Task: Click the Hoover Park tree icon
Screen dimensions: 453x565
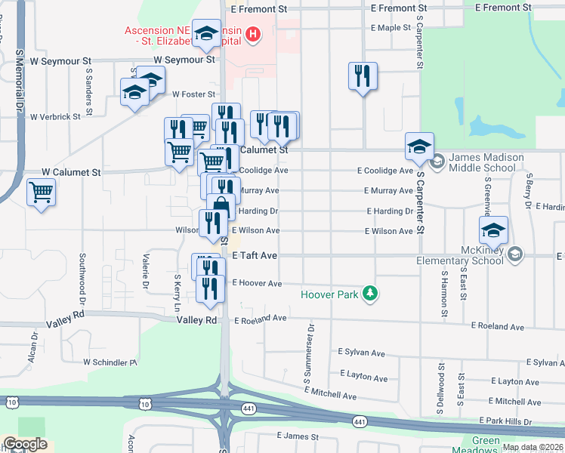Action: click(x=369, y=293)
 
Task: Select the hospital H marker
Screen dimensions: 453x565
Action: click(x=253, y=34)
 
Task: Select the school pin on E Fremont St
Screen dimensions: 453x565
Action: click(x=206, y=32)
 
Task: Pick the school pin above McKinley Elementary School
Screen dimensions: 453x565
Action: click(x=492, y=230)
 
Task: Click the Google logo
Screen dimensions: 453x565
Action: click(x=25, y=444)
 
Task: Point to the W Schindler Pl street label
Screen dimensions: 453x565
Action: click(x=110, y=362)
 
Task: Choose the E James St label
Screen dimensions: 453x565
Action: click(x=301, y=436)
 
